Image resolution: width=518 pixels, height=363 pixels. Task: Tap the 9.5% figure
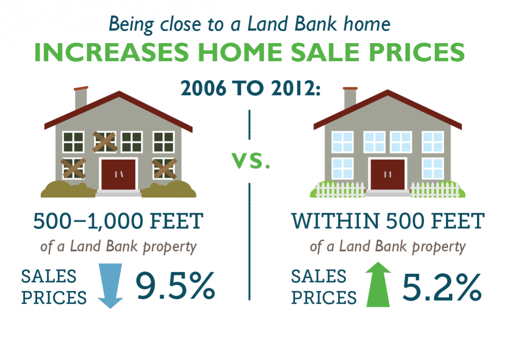pyautogui.click(x=176, y=286)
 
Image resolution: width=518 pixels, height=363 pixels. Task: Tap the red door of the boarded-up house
pyautogui.click(x=118, y=174)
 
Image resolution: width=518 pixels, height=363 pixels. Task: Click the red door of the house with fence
pyautogui.click(x=387, y=174)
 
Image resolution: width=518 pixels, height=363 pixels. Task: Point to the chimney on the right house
pyautogui.click(x=350, y=98)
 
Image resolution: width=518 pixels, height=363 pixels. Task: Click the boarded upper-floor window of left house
pyautogui.click(x=105, y=142)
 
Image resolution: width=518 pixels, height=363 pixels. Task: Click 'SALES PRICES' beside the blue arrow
pyautogui.click(x=54, y=287)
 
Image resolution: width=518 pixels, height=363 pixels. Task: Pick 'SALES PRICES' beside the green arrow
pyautogui.click(x=324, y=287)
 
